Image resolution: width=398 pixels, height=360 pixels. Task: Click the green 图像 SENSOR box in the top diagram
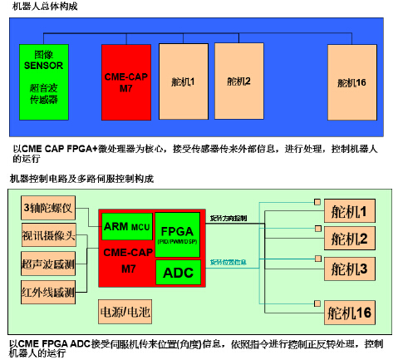(x=43, y=81)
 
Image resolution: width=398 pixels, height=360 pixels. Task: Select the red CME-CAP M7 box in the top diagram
(x=125, y=81)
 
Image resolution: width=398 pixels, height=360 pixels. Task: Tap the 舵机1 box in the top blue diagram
(x=183, y=81)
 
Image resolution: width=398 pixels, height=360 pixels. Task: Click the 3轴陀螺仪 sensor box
(x=49, y=208)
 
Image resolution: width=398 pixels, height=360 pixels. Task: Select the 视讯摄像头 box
(x=49, y=236)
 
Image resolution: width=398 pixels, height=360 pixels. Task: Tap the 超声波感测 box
(x=49, y=264)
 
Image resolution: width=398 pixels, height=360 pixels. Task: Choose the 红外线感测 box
(x=49, y=292)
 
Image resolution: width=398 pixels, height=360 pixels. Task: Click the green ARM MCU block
(x=127, y=225)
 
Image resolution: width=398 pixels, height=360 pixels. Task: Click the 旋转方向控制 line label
(x=229, y=218)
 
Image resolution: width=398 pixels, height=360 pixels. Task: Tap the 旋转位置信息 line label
(x=228, y=262)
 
